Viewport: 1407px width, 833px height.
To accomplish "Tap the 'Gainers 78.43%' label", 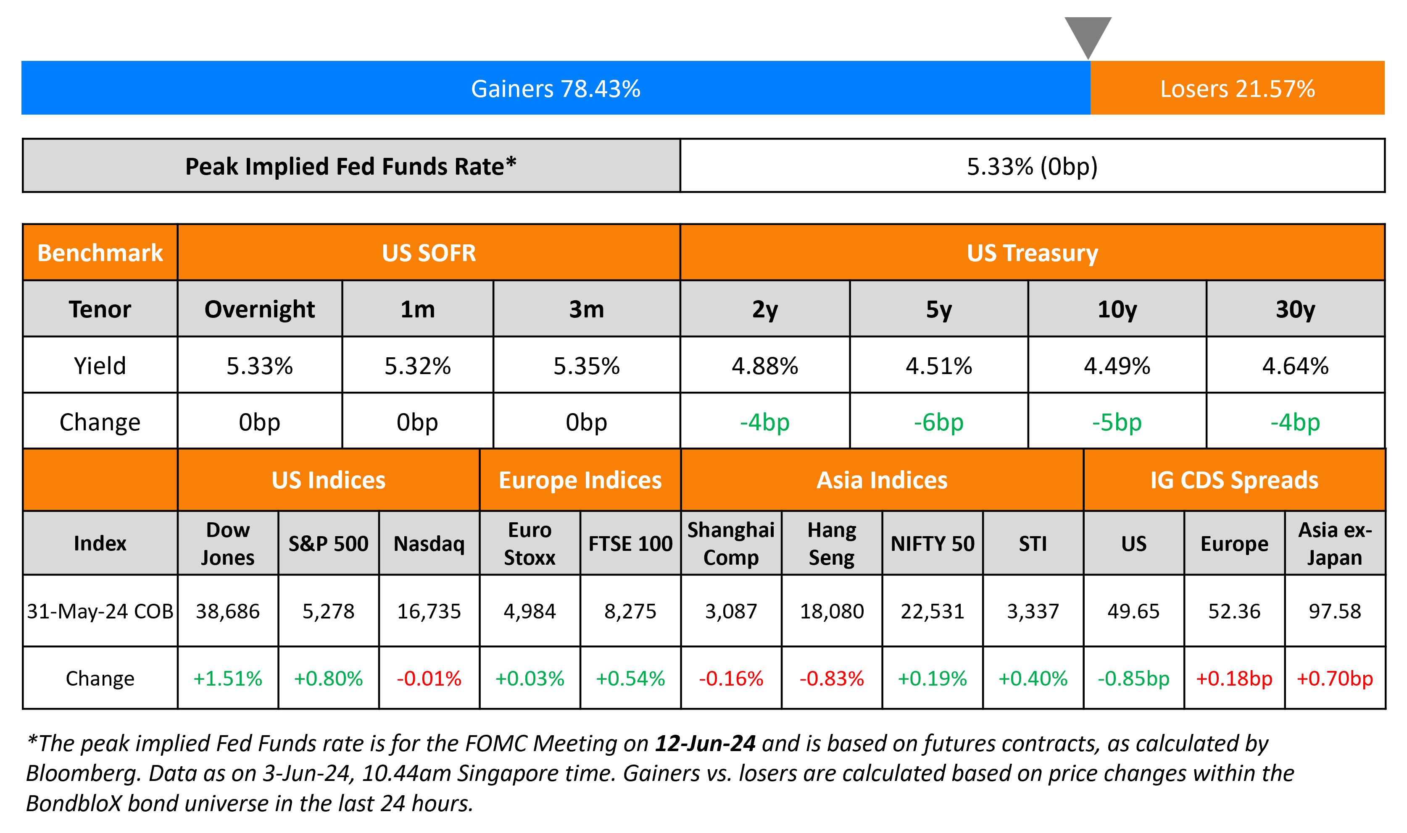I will point(556,89).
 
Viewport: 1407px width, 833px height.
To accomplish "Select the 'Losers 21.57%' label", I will point(1237,89).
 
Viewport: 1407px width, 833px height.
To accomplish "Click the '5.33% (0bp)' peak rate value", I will point(1032,166).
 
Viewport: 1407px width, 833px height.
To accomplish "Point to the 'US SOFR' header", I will point(429,253).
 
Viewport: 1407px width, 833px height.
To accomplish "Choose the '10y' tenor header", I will point(1117,309).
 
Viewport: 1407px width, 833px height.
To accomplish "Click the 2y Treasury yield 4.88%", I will point(764,366).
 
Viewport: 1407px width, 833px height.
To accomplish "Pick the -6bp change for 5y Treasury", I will point(938,422).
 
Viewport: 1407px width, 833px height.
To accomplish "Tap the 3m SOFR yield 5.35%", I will point(586,366).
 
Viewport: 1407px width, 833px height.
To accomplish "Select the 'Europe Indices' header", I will point(580,480).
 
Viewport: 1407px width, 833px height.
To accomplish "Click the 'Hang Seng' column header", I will point(831,543).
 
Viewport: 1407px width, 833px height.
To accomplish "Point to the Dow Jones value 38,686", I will point(227,611).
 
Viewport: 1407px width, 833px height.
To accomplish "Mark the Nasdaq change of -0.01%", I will point(429,678).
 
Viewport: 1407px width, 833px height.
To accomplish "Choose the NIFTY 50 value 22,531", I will point(933,611).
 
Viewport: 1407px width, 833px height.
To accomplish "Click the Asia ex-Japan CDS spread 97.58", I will point(1335,611).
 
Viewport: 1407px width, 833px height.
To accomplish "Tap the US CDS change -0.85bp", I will point(1133,678).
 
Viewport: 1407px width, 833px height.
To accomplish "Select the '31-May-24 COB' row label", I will point(100,611).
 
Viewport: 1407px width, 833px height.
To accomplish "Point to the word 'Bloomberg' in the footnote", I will point(82,773).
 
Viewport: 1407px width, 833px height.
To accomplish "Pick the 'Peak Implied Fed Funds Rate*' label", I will point(350,166).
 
